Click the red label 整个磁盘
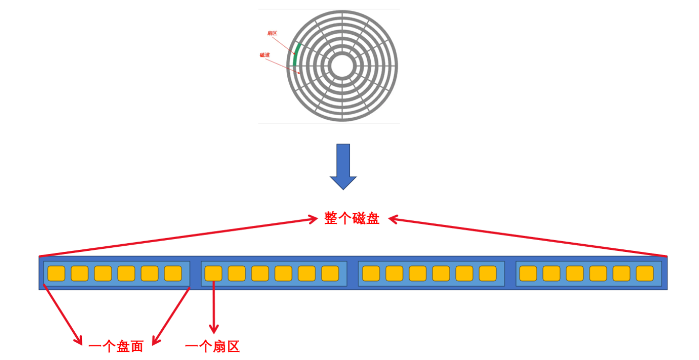coord(352,219)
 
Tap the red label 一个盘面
coord(116,346)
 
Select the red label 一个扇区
coord(212,346)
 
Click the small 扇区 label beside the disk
coord(272,33)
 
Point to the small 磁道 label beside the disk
coord(265,55)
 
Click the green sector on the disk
coord(295,55)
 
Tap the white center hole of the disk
coord(342,66)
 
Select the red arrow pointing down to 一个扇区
coord(214,307)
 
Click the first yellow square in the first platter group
coord(56,273)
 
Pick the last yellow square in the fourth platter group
coord(645,273)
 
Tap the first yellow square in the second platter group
coord(214,273)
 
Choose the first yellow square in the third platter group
coord(371,273)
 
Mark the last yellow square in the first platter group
coord(173,273)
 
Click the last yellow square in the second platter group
coord(330,273)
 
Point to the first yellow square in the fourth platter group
coord(528,273)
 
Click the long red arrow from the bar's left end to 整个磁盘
coord(179,238)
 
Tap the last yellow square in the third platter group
coord(488,273)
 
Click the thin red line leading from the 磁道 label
coord(282,65)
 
